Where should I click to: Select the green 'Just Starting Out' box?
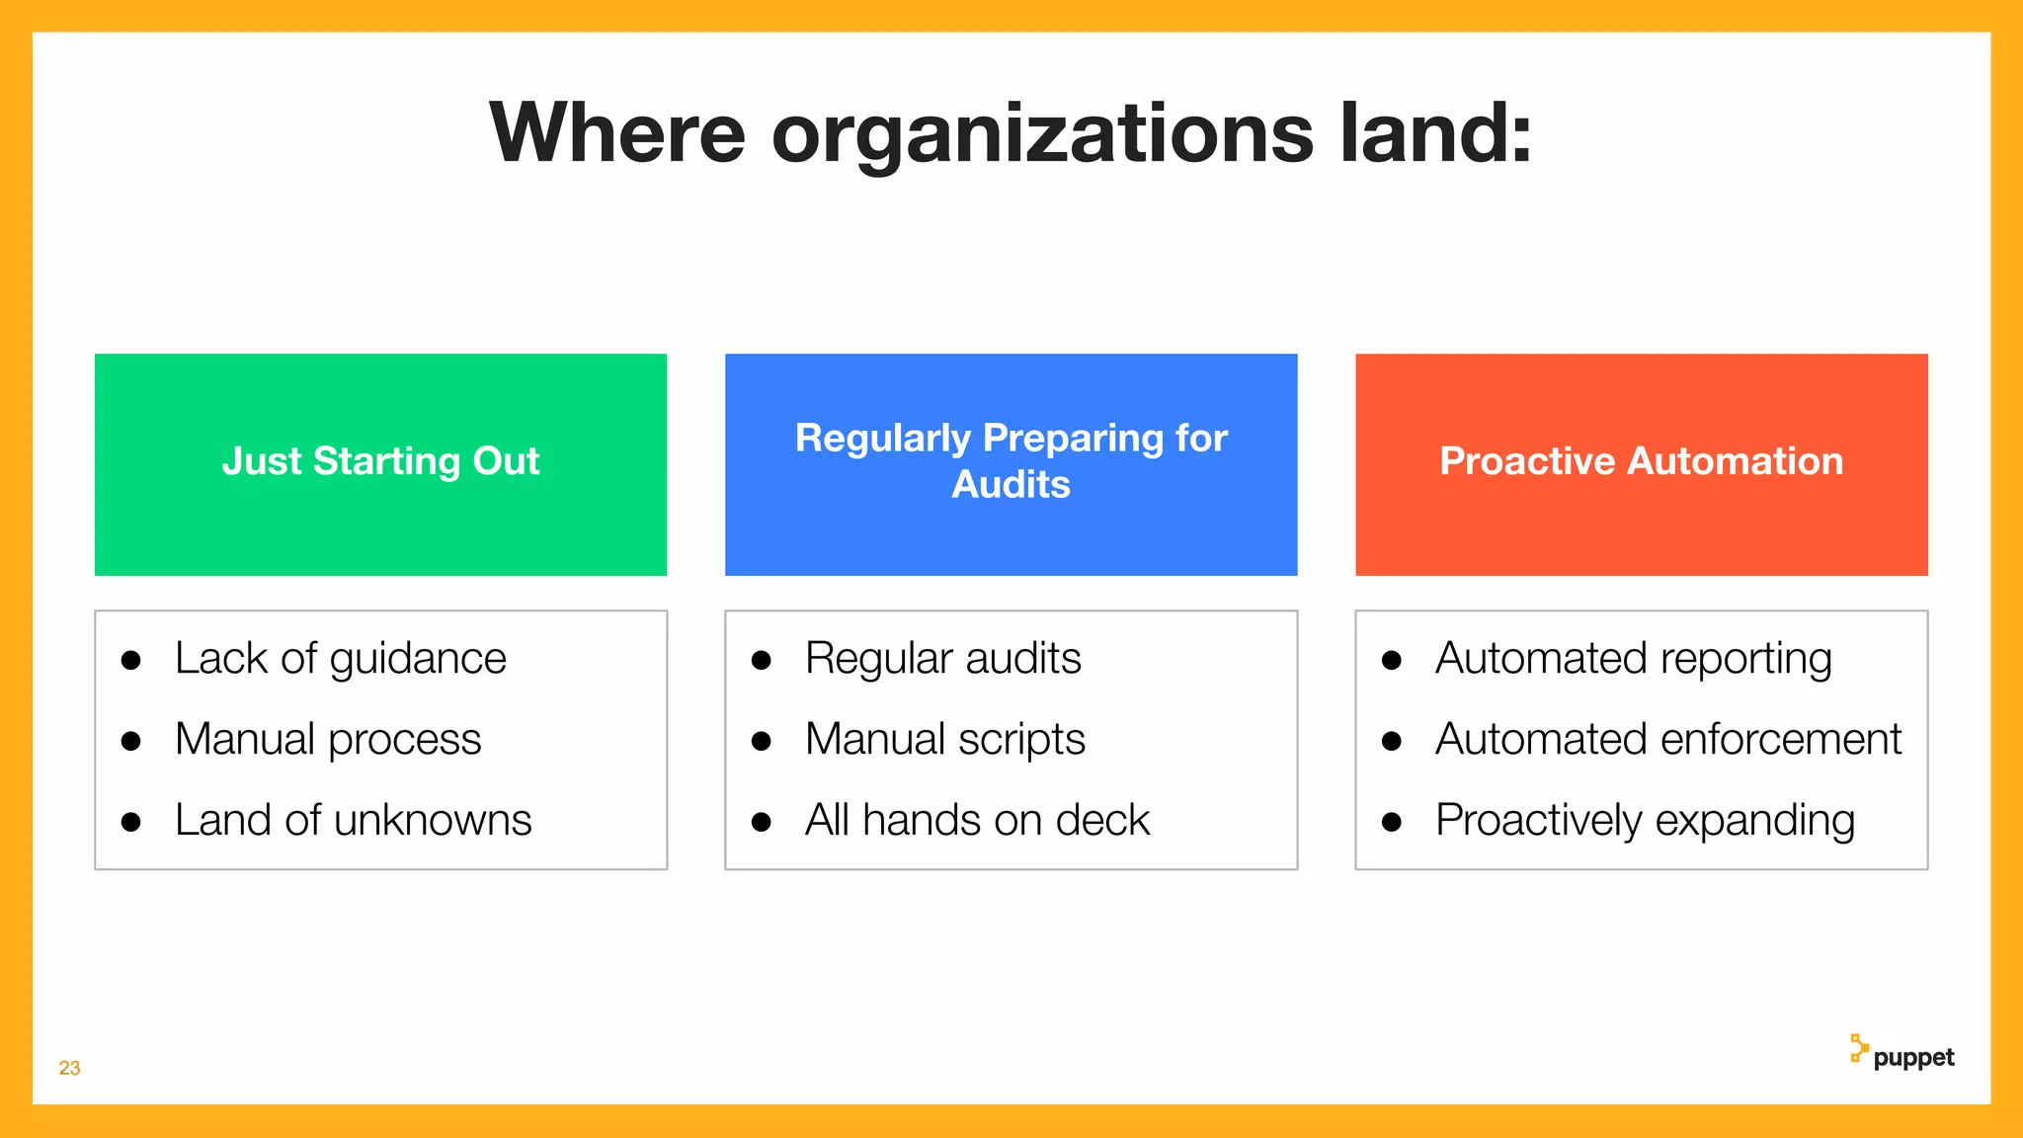click(380, 463)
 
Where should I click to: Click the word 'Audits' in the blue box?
click(1011, 485)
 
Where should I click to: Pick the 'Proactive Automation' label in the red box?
click(1641, 461)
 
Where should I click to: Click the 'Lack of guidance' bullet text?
click(340, 659)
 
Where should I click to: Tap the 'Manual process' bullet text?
click(328, 740)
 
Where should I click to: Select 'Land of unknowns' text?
click(353, 821)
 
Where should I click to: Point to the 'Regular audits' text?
click(942, 659)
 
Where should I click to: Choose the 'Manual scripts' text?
click(944, 740)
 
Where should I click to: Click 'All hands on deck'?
click(977, 821)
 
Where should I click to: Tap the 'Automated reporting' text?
click(1633, 659)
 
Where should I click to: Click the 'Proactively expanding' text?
click(1645, 821)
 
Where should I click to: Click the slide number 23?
click(69, 1068)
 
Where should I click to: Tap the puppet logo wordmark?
click(1913, 1058)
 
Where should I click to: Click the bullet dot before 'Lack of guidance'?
click(130, 661)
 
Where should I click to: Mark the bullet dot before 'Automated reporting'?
click(1392, 661)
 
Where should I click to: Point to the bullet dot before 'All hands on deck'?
click(761, 822)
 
